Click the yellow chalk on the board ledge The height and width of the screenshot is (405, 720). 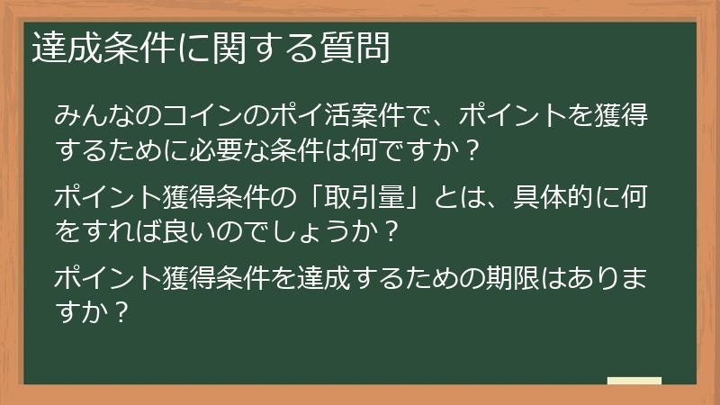tap(634, 382)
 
